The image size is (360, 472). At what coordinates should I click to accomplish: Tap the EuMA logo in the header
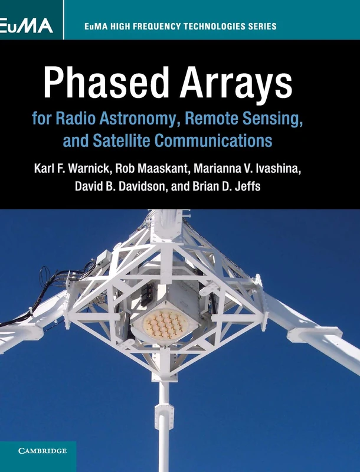[27, 26]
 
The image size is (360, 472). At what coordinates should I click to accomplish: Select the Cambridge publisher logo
[38, 451]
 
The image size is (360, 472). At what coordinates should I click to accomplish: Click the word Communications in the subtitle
[224, 142]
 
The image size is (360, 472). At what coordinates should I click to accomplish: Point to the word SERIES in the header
[261, 27]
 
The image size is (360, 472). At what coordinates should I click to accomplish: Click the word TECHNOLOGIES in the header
[204, 27]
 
